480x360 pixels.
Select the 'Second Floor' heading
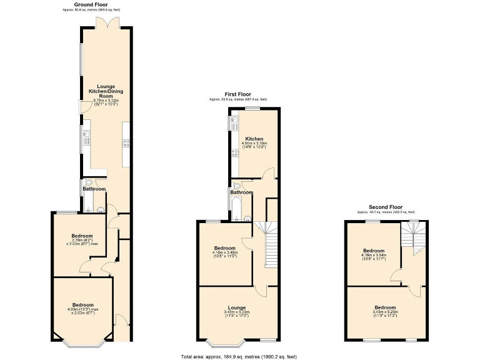[385, 207]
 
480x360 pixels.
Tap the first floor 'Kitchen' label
[254, 139]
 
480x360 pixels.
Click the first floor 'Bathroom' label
[241, 192]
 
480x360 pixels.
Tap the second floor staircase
[412, 236]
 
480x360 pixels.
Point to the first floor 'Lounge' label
[236, 307]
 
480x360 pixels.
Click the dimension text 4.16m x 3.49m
[226, 252]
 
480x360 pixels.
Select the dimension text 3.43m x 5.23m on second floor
[385, 312]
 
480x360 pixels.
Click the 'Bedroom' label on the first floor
[225, 247]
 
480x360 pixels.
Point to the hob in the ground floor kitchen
[126, 142]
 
